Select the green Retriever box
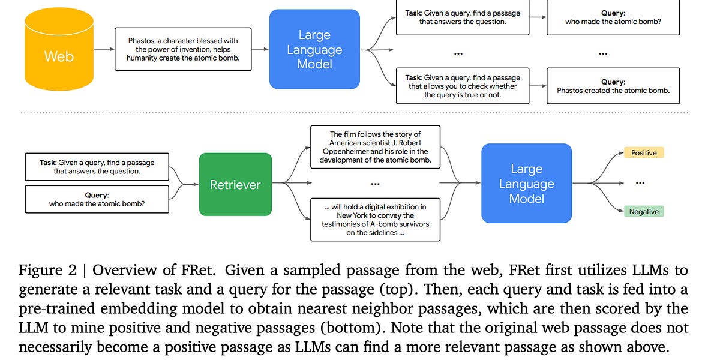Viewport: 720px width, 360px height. (235, 185)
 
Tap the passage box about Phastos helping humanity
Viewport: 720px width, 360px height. (183, 49)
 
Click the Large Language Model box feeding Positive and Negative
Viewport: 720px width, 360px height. (526, 184)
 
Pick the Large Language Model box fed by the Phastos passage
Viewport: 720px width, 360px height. (314, 49)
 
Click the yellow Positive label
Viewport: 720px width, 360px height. (644, 153)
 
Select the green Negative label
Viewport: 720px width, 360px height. (644, 211)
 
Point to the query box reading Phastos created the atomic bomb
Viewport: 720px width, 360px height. (613, 86)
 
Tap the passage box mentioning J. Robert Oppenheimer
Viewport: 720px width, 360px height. (375, 147)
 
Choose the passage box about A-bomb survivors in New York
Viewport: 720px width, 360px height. (375, 220)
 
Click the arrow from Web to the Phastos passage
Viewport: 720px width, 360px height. (104, 50)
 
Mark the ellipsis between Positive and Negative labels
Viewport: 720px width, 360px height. (640, 182)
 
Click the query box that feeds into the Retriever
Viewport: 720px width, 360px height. (97, 199)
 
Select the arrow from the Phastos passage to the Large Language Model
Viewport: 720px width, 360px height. (260, 50)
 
